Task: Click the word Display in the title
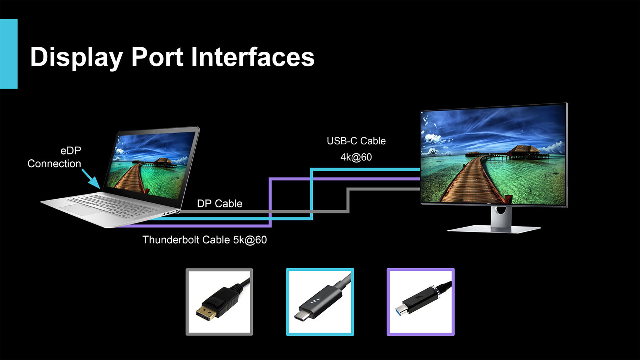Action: pos(76,57)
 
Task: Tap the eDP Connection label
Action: pos(54,157)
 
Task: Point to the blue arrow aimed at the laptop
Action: pos(91,178)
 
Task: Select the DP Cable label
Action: pos(220,204)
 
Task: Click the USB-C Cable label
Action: pos(356,141)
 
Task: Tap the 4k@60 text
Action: pos(356,157)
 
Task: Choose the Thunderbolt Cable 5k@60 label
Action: pos(205,240)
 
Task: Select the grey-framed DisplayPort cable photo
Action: pos(219,302)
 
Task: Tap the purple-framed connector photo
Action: pos(421,302)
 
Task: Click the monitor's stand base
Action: pos(493,229)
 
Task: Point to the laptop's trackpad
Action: pos(81,208)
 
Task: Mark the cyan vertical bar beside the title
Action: pos(9,54)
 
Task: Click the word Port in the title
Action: pos(157,57)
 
